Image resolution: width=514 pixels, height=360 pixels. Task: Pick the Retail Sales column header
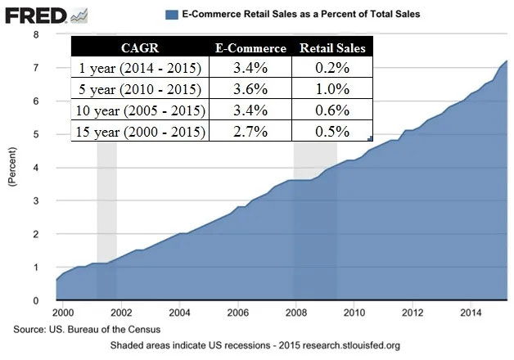pos(332,47)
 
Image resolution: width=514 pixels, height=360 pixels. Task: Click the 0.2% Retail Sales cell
pos(332,69)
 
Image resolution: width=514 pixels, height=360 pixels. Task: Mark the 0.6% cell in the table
pos(332,110)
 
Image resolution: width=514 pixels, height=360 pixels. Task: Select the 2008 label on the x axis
pos(295,313)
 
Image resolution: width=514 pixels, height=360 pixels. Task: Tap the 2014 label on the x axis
pos(470,313)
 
